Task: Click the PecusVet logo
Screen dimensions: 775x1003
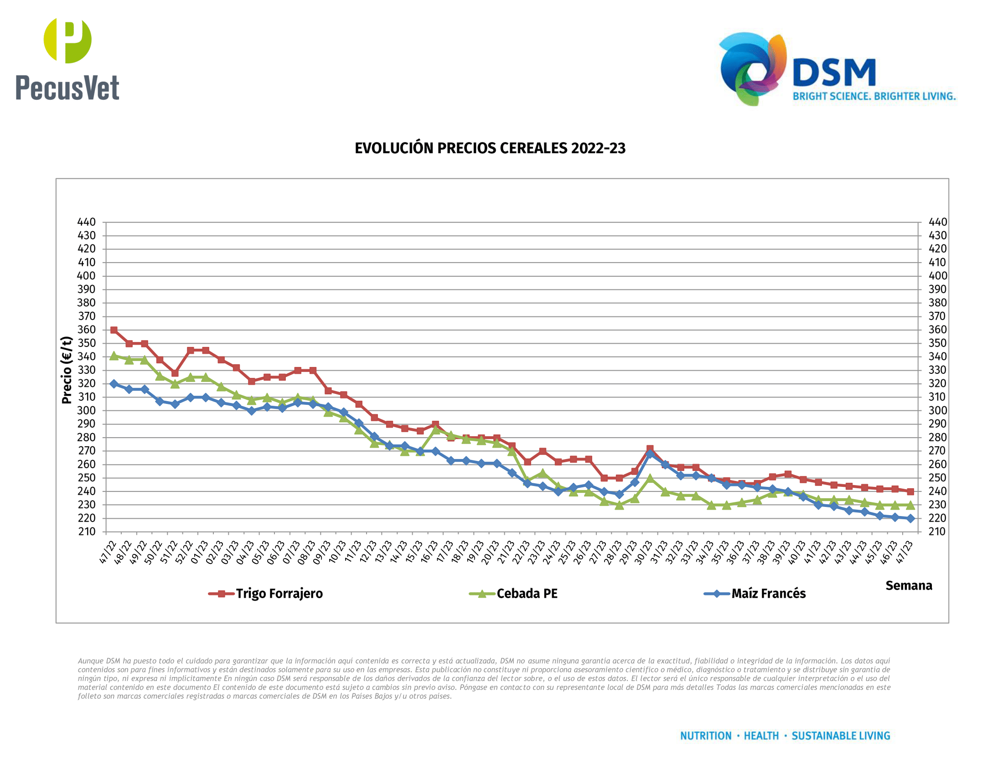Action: pos(67,60)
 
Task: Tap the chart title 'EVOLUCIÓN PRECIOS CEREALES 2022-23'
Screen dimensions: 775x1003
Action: pos(490,148)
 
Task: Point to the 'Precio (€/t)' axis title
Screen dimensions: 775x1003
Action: pos(67,370)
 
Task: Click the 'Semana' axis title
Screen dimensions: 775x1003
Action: pos(908,586)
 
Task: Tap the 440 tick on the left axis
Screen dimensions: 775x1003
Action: pos(86,222)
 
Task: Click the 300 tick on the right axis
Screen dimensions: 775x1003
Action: pos(937,410)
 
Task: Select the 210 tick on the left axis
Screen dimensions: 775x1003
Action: pos(86,532)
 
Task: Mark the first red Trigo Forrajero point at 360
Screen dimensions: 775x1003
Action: pos(114,330)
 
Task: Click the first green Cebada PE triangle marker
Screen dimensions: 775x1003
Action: pos(114,356)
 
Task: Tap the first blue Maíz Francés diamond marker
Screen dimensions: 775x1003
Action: pos(114,384)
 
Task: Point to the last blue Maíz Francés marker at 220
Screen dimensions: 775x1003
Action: pos(910,518)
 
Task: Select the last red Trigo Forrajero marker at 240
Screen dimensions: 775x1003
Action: pos(910,491)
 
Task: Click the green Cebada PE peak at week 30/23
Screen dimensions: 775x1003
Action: pos(650,478)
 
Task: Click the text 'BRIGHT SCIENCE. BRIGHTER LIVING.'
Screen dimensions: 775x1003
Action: pos(874,96)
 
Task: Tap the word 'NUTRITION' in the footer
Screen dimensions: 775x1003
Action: pos(705,736)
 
